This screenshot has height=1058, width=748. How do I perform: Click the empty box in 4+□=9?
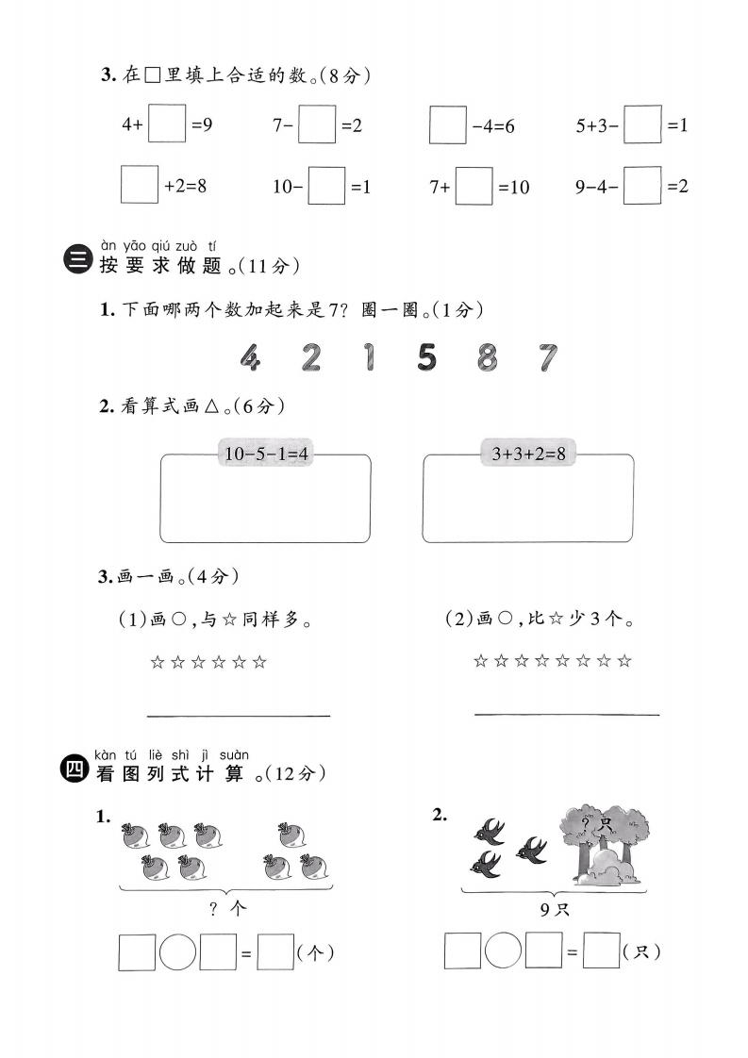point(167,124)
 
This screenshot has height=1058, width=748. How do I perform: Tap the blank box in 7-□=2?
point(317,124)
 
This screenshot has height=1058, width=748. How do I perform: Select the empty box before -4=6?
point(447,124)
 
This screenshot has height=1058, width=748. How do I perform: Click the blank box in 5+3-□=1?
point(642,124)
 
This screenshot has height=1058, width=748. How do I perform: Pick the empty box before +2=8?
point(139,185)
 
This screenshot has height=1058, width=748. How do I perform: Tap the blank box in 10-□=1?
point(326,186)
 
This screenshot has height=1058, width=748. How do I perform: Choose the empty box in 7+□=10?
point(474,186)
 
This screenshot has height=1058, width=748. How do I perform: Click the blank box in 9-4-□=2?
point(642,185)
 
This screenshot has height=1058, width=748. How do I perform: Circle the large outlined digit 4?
point(249,356)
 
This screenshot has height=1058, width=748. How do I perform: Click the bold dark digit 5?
point(427,356)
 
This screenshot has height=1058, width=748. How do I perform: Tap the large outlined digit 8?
point(487,356)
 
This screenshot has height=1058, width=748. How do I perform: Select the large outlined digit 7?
point(546,356)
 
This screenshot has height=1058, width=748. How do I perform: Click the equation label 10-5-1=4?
point(267,454)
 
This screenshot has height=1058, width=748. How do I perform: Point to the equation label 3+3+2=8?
point(528,454)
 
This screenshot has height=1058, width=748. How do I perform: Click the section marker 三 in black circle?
point(75,260)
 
